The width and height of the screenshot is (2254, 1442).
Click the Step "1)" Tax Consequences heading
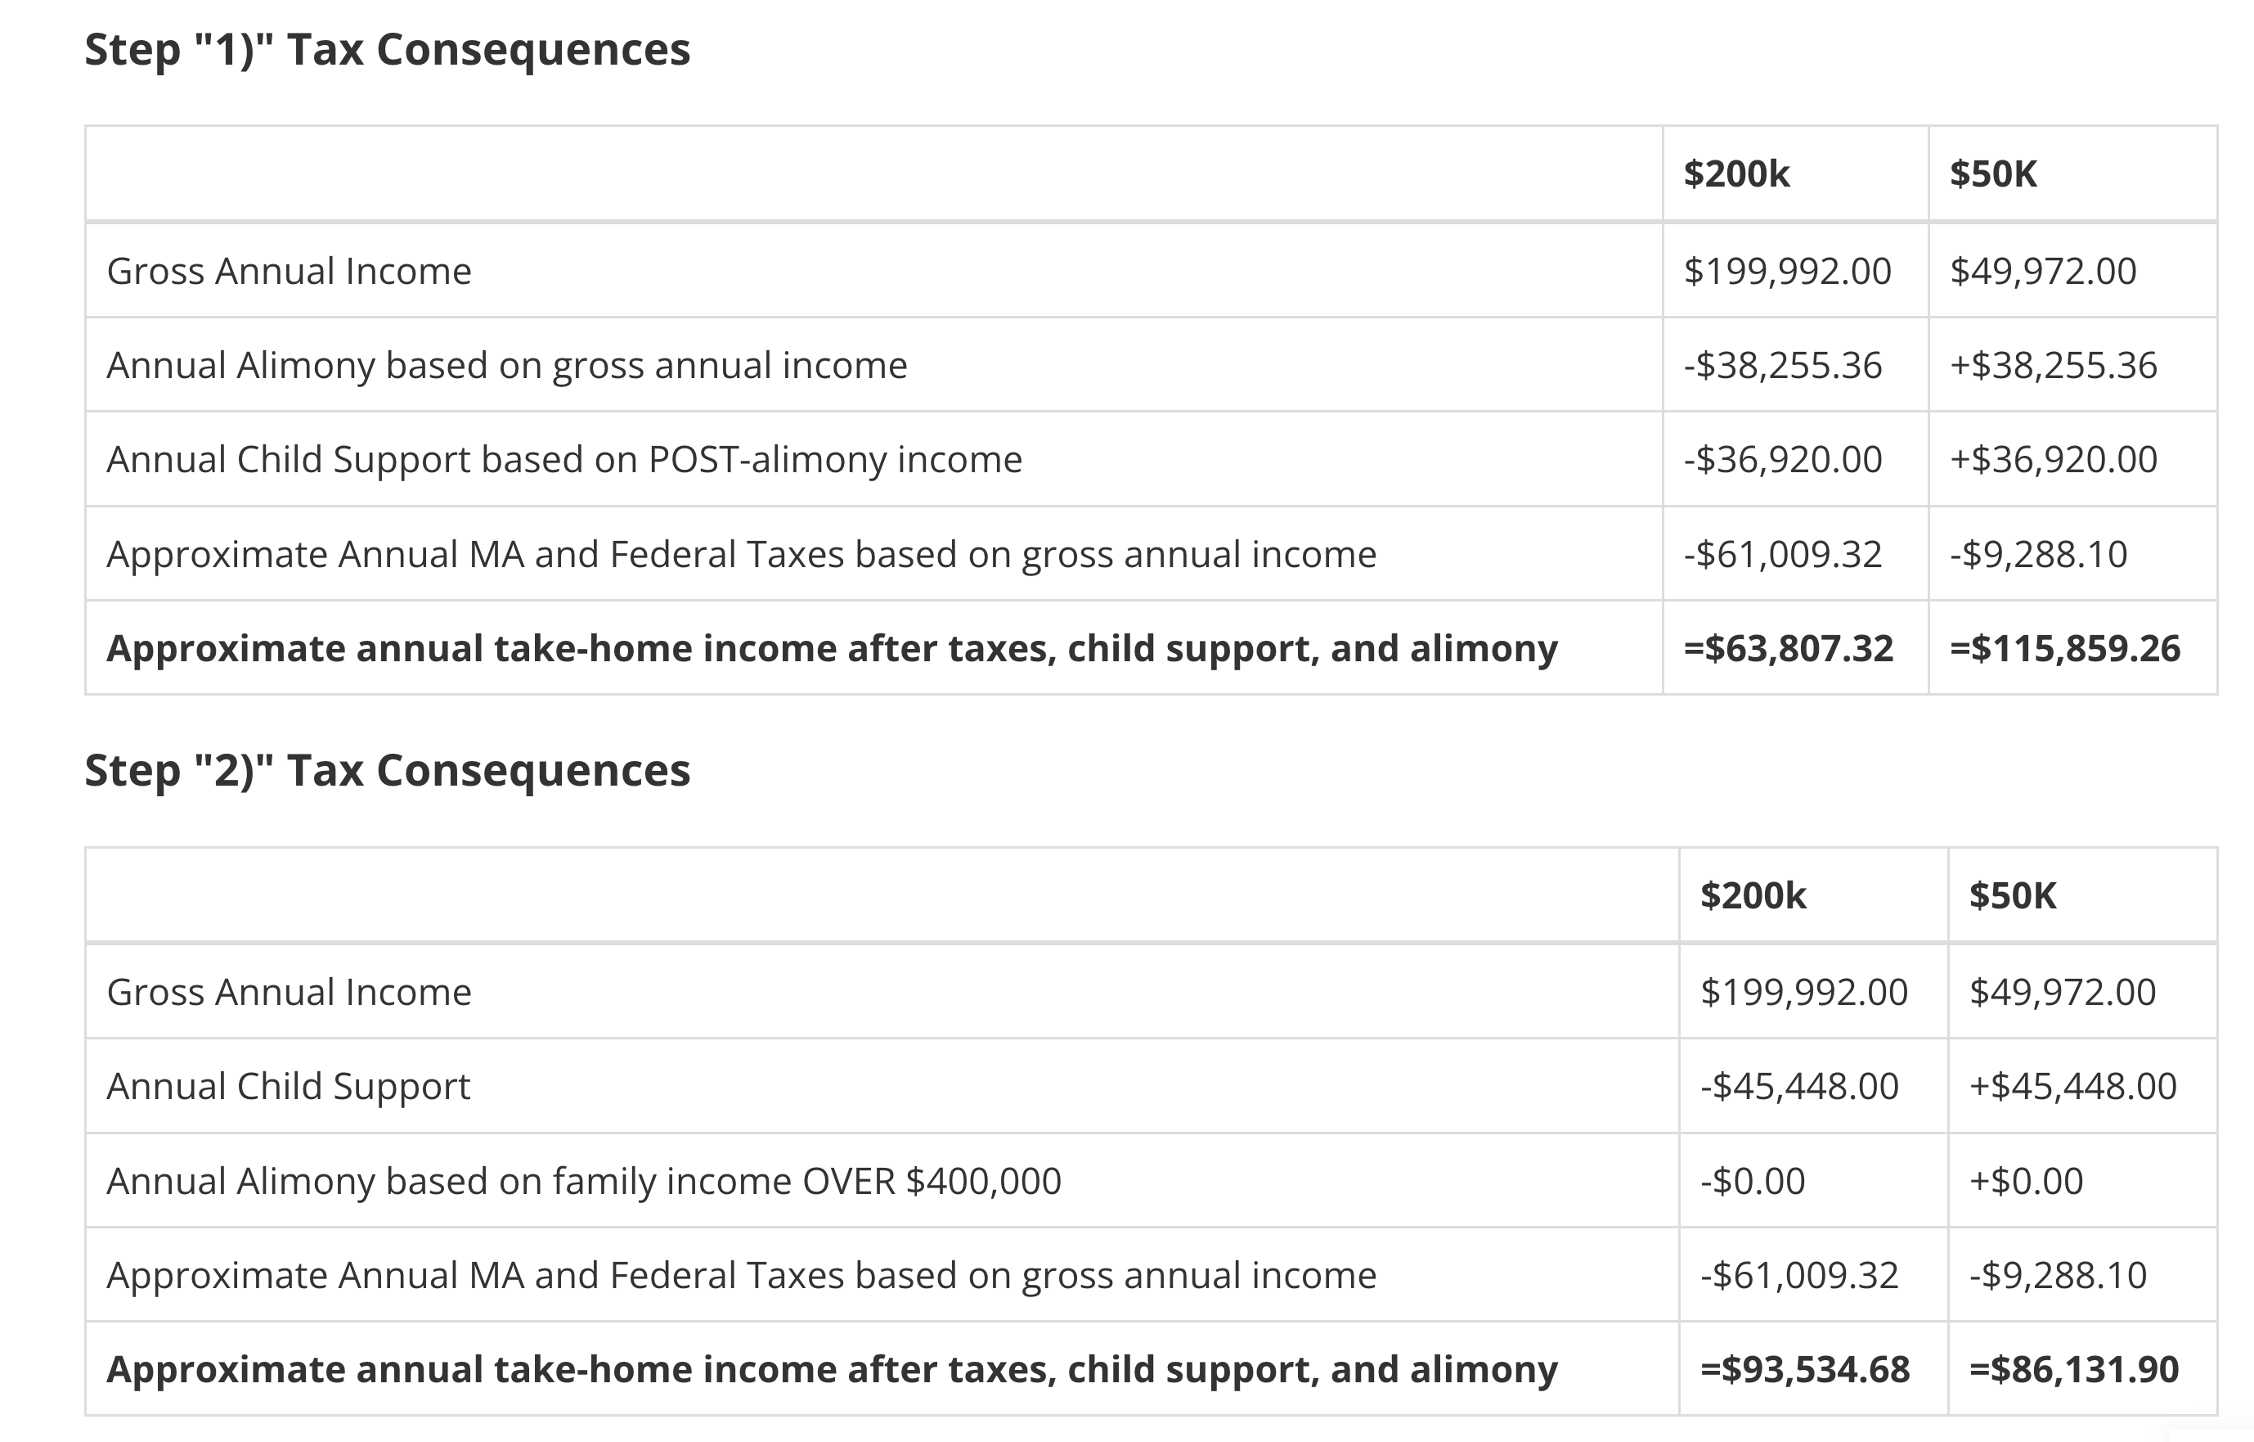[388, 50]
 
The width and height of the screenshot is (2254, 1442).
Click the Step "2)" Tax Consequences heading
[388, 771]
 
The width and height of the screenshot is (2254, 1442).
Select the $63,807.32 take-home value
[1788, 648]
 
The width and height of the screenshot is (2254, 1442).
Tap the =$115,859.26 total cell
[2065, 648]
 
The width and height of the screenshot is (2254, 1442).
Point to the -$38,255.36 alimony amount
[1782, 365]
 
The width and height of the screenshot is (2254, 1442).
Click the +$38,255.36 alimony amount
[2054, 365]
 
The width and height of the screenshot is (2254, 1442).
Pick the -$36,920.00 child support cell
[1782, 460]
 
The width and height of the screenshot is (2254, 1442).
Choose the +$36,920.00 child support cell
[2054, 460]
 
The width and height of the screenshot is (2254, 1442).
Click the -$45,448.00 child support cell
[1799, 1086]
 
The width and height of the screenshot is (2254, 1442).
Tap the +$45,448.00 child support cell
[2073, 1086]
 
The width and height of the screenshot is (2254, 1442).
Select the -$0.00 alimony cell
[1753, 1181]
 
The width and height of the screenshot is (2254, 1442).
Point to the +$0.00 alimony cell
[2027, 1181]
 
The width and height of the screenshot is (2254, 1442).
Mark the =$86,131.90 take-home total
[2074, 1369]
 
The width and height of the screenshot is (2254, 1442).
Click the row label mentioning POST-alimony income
[564, 460]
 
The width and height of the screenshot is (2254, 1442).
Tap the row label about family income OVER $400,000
[584, 1181]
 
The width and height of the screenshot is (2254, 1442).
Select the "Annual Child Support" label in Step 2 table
[289, 1086]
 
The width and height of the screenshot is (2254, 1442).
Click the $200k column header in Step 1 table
[1736, 174]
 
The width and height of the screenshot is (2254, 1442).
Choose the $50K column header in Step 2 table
[2013, 896]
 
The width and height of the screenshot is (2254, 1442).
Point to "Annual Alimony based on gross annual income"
[507, 365]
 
